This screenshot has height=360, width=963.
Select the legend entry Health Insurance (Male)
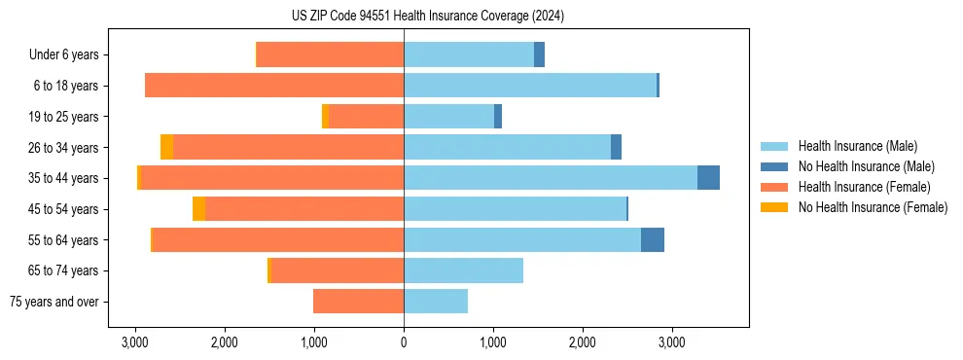857,146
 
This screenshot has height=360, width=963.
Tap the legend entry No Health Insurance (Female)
873,207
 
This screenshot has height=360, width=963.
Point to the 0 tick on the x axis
404,342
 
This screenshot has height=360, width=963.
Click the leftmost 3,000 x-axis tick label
134,342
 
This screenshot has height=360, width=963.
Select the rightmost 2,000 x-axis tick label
583,342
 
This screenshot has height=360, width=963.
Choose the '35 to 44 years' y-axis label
63,178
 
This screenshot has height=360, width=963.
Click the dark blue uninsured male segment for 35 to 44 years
708,178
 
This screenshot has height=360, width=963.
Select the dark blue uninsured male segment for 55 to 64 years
653,239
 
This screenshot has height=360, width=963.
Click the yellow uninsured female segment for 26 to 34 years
166,147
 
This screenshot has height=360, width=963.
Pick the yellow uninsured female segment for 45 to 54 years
198,209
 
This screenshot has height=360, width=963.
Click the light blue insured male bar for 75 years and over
436,302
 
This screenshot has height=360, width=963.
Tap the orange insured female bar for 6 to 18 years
274,86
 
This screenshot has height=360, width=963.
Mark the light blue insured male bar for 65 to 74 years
463,270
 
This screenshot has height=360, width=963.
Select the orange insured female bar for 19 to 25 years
366,117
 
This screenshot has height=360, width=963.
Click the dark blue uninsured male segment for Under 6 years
539,55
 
